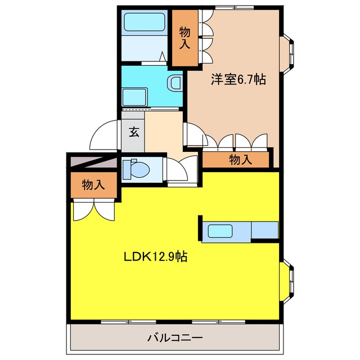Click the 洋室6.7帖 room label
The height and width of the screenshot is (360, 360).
tap(238, 79)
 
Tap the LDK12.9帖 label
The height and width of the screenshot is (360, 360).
tap(155, 256)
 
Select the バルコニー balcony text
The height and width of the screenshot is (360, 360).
tap(175, 337)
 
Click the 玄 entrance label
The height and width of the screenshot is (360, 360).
tap(134, 132)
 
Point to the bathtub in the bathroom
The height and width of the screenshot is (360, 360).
tap(145, 22)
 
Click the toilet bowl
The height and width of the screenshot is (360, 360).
tap(136, 169)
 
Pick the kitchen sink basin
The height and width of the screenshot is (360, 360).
tap(220, 231)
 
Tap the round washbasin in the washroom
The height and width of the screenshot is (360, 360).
tap(174, 83)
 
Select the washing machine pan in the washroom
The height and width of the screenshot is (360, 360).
tap(134, 97)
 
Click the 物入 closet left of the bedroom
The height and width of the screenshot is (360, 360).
tap(185, 38)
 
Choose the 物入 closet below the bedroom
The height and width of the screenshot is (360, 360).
tap(236, 159)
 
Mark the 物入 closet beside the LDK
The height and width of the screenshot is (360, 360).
tap(93, 185)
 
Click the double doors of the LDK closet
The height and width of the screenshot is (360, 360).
tap(94, 210)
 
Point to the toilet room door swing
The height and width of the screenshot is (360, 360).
tap(181, 169)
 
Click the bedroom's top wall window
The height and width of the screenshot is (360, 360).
tap(235, 8)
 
